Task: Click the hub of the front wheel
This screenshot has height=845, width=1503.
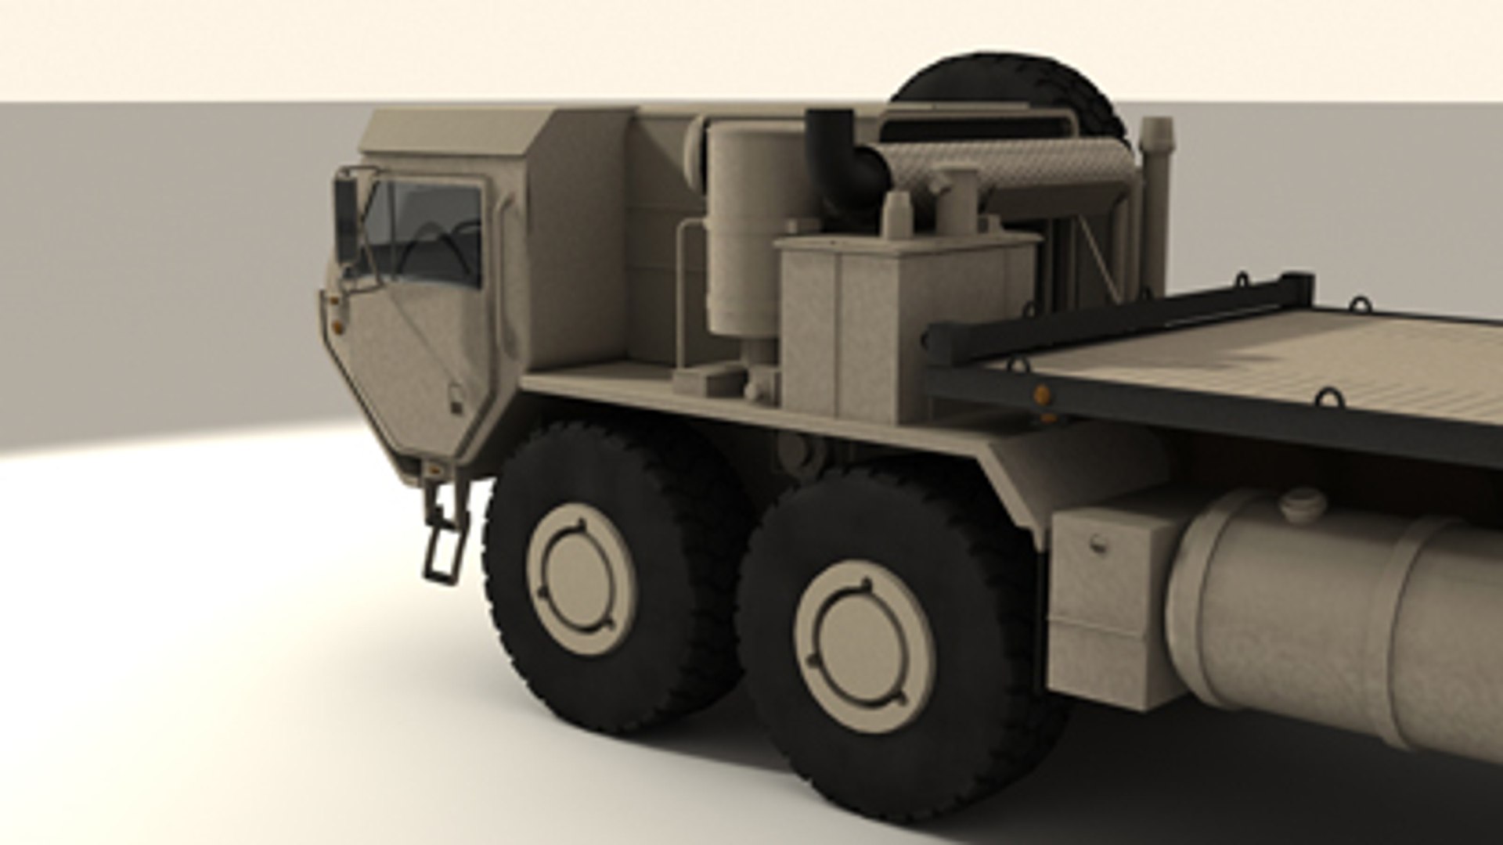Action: click(x=582, y=578)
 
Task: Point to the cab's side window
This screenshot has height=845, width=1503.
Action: click(x=427, y=231)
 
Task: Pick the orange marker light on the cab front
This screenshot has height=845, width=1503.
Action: click(x=337, y=322)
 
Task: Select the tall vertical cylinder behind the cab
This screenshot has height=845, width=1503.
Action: click(x=740, y=235)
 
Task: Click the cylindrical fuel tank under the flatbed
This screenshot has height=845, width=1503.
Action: click(x=1331, y=618)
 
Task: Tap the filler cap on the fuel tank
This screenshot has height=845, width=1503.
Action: click(x=1303, y=505)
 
